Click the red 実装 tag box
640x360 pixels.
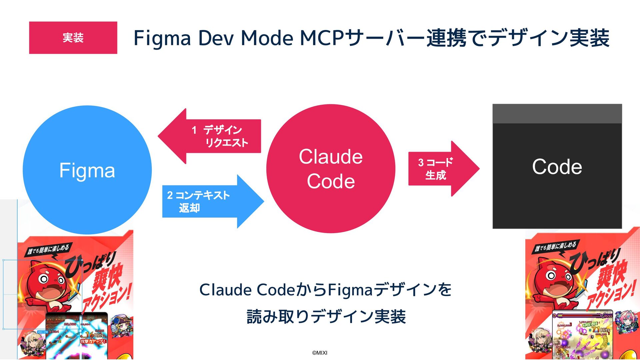pyautogui.click(x=73, y=38)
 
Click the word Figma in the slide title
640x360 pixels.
pyautogui.click(x=162, y=38)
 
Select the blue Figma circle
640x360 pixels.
pyautogui.click(x=87, y=170)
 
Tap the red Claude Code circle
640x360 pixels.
pyautogui.click(x=331, y=169)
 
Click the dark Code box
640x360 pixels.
pyautogui.click(x=557, y=173)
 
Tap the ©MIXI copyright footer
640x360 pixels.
pyautogui.click(x=320, y=353)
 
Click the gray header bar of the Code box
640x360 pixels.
pyautogui.click(x=557, y=114)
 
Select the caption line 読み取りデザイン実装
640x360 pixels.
pyautogui.click(x=326, y=316)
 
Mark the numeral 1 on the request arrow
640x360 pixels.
pyautogui.click(x=194, y=130)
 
